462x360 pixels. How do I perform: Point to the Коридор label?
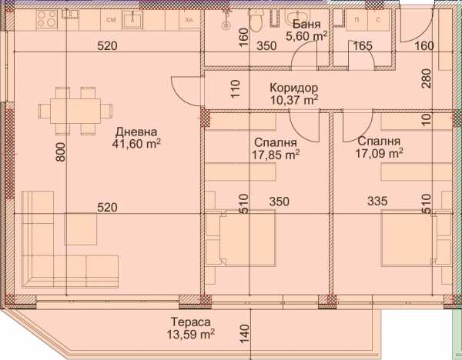(293, 87)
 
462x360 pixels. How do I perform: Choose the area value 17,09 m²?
(379, 154)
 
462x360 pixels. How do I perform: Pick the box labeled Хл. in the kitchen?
(186, 19)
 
